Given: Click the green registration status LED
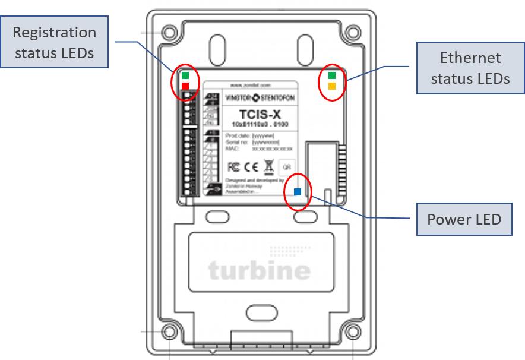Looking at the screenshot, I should (x=185, y=75).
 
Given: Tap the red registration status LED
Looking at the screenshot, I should (x=185, y=86).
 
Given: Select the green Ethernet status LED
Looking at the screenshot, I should (x=332, y=75).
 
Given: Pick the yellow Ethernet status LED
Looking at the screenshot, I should (x=332, y=86).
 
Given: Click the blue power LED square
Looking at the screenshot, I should (x=298, y=191).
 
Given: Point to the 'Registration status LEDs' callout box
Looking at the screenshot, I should (x=55, y=42).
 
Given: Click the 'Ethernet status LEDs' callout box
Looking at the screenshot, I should (x=470, y=68).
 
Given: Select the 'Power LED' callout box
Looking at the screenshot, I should (x=464, y=219).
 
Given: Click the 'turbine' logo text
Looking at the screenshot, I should (x=260, y=271).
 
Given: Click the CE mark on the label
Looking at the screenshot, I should (x=251, y=166).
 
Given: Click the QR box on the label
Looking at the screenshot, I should (x=286, y=167).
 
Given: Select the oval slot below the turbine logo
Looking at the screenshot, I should (x=258, y=312).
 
